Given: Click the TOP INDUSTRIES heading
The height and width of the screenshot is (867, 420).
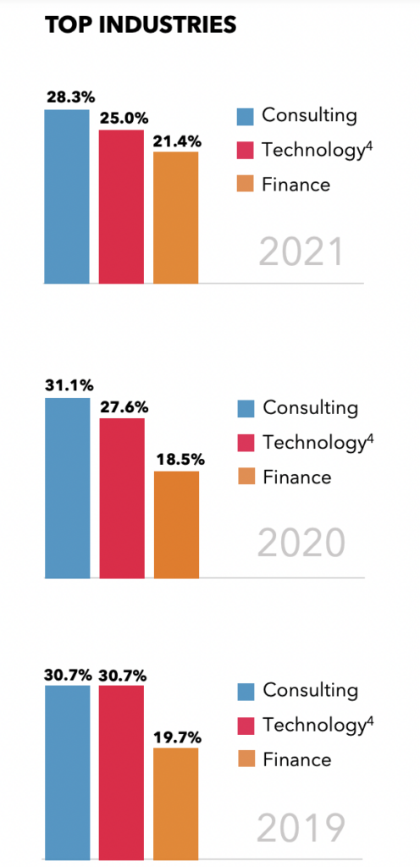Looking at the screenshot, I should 141,25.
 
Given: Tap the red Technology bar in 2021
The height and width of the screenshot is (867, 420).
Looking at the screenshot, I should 121,206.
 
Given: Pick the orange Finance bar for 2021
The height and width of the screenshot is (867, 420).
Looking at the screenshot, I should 176,217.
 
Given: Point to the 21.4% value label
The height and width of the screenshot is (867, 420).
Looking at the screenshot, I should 176,141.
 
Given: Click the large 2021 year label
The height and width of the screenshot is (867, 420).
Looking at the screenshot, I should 301,252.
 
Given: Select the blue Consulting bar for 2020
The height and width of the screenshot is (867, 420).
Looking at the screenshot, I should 66,487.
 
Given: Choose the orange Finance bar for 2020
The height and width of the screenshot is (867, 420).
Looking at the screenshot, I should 176,524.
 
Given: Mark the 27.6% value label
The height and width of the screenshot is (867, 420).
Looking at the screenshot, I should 121,407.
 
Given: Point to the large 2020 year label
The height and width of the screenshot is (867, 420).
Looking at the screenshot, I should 301,544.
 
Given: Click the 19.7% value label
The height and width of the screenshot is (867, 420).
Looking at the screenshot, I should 176,737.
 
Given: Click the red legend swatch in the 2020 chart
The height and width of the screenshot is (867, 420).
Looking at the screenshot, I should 246,443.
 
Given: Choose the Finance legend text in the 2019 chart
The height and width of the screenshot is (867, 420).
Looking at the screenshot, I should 297,759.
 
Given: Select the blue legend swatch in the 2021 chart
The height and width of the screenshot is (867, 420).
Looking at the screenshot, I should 246,116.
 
